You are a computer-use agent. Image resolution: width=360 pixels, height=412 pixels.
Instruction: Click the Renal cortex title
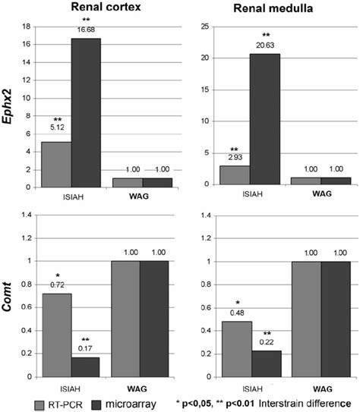click(x=89, y=10)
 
